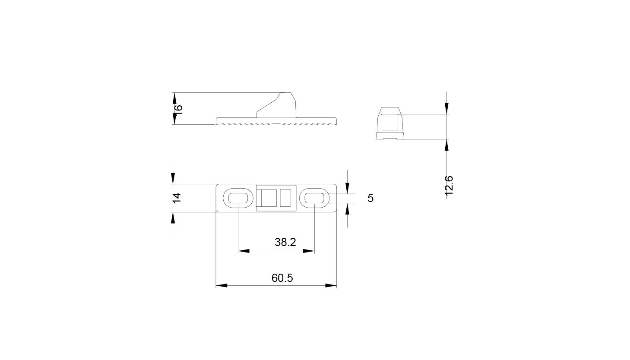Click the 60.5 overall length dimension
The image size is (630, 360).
click(282, 278)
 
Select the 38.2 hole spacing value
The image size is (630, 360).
click(285, 242)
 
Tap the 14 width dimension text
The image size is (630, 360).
click(177, 198)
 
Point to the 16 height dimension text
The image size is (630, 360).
click(179, 109)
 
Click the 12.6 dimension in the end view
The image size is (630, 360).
click(449, 185)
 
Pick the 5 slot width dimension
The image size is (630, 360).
click(370, 198)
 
